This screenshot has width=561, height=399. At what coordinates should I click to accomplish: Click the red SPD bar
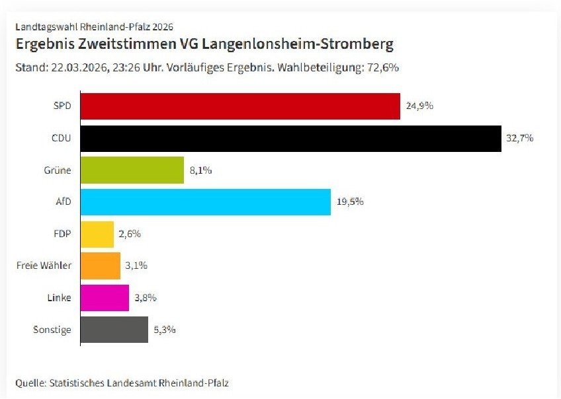point(240,106)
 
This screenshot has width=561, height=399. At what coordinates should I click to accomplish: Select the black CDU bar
point(290,138)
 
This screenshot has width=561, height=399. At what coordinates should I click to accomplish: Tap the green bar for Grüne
point(132,170)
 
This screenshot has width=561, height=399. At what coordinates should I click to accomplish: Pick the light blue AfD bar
point(205,201)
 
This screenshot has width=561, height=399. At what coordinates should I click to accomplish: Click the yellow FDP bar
point(97,234)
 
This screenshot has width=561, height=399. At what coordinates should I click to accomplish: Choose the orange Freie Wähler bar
point(101,266)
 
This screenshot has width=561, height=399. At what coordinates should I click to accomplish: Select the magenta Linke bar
point(105,297)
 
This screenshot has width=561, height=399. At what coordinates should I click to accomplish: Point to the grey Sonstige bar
point(114,329)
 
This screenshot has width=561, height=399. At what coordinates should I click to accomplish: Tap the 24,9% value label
point(419,106)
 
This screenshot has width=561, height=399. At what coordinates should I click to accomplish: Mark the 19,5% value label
point(350,201)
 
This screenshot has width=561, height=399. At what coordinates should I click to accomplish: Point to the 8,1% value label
point(201,170)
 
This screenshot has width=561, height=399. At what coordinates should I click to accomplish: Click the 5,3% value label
point(165,329)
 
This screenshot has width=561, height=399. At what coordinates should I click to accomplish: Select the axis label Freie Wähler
point(44,266)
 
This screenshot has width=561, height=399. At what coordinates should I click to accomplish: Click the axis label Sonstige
point(52,329)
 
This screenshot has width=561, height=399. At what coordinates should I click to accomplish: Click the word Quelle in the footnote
point(29,382)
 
